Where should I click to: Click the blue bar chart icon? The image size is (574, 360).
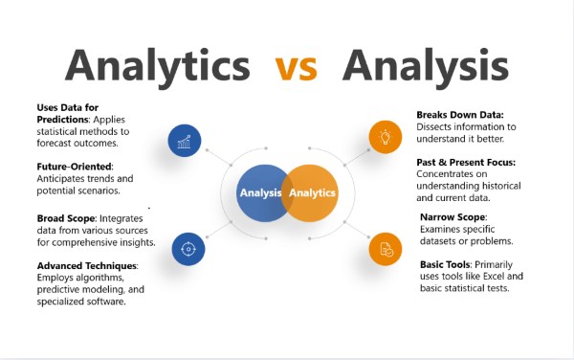pos(184,140)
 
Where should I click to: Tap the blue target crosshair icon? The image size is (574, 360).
pos(188,249)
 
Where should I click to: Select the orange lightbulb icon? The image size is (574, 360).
pos(386,137)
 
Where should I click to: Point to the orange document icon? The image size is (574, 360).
pos(386,249)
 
